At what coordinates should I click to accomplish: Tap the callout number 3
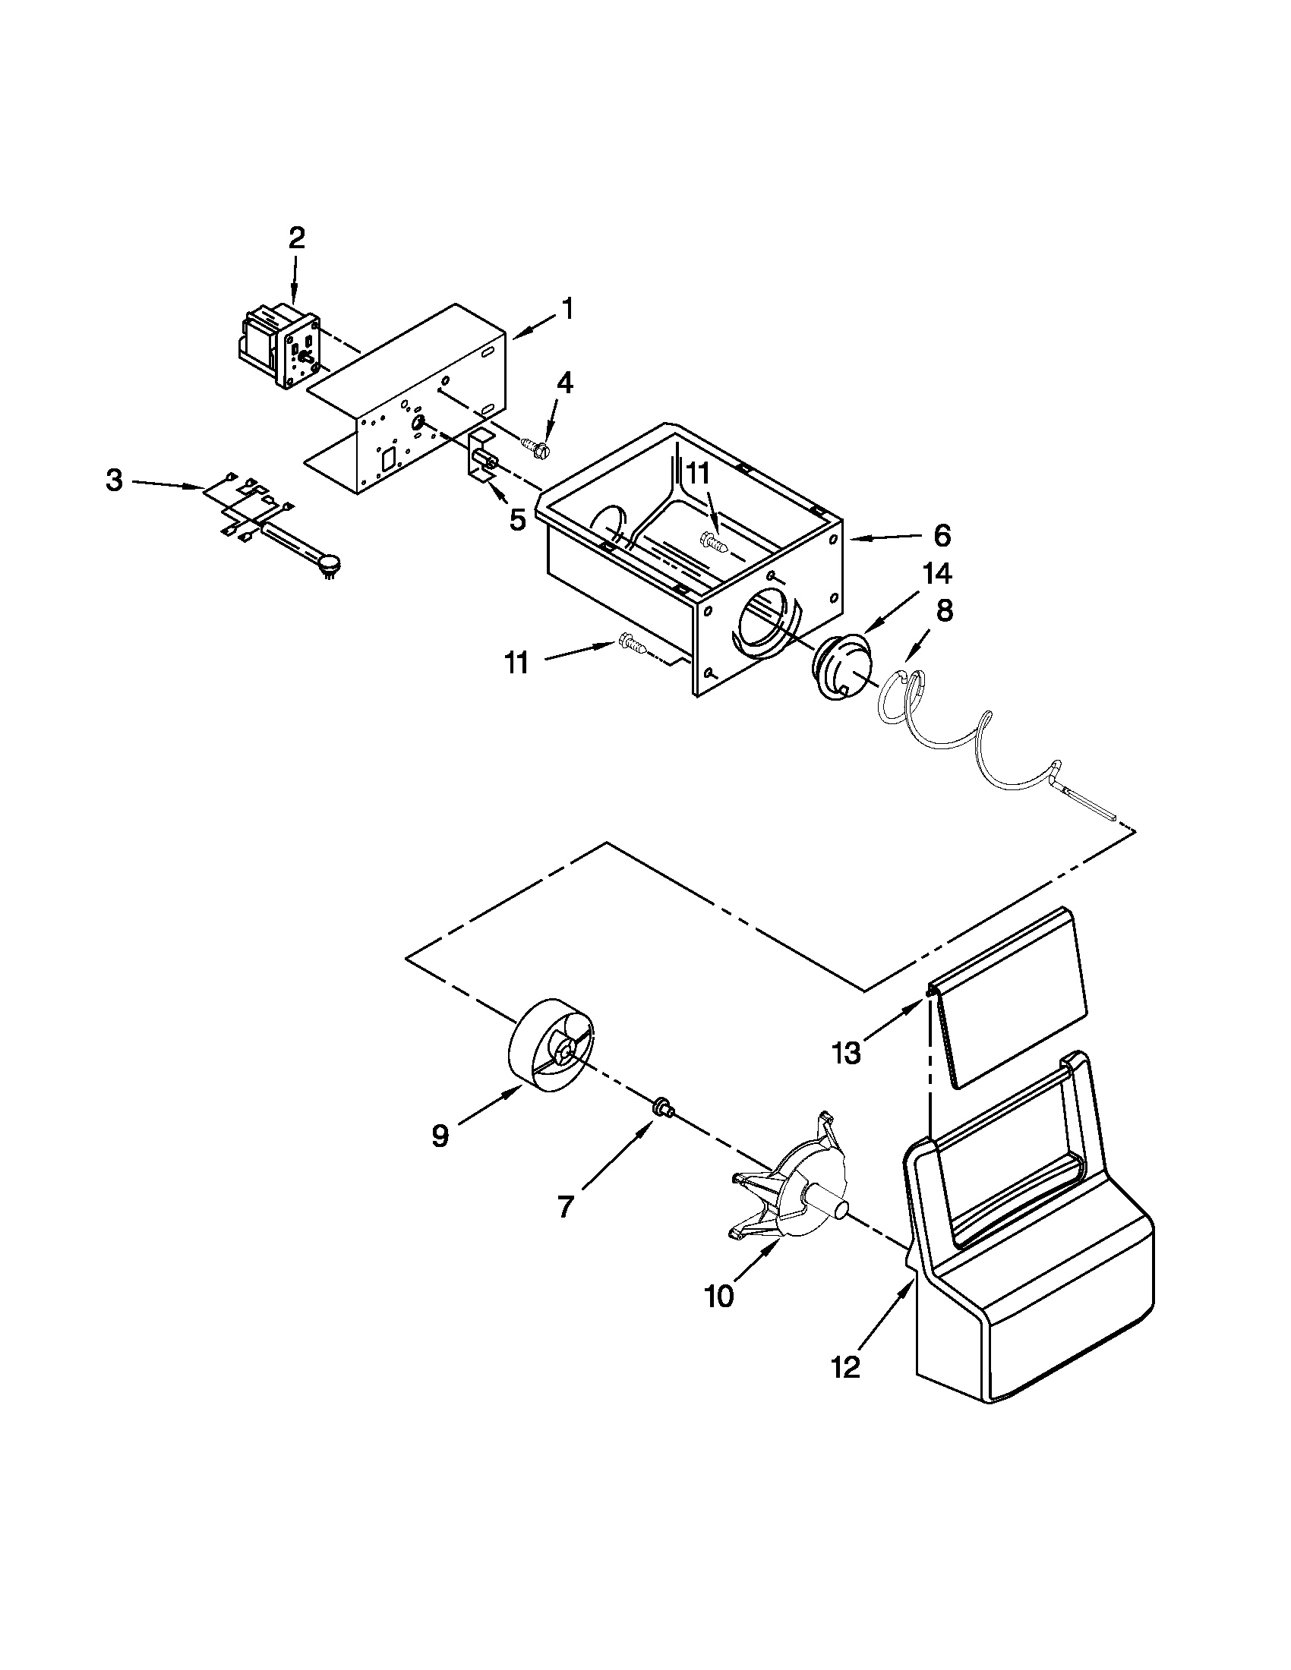pos(114,481)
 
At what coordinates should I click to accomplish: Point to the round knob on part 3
pos(329,564)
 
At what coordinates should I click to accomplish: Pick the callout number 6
pos(942,536)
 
